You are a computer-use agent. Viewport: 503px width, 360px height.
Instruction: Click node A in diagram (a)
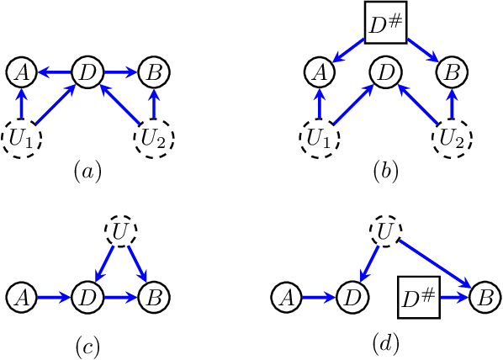[22, 72]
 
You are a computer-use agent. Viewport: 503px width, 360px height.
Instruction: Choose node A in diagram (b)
[319, 72]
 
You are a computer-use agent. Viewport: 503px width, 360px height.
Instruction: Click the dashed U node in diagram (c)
[120, 232]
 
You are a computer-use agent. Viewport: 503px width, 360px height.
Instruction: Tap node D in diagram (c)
[88, 296]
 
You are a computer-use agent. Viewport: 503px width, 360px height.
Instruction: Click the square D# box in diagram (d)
[418, 296]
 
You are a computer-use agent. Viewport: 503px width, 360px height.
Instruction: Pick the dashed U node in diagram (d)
[384, 232]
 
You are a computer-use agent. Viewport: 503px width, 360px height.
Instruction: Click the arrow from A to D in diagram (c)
[55, 296]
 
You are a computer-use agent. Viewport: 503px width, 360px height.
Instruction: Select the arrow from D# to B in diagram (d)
[454, 296]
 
